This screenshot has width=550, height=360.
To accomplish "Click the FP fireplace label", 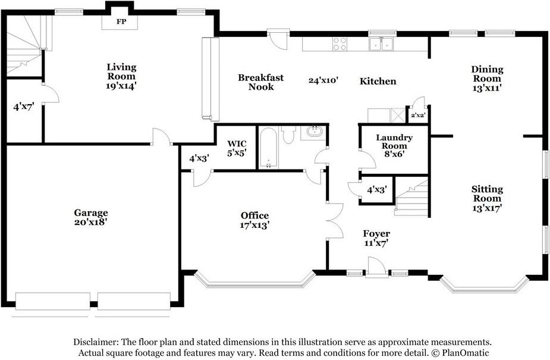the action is coord(121,22).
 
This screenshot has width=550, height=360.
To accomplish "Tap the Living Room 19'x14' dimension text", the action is coord(121,86).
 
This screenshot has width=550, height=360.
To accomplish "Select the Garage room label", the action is coord(91,212).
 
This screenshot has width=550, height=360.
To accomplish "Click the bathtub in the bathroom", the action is coord(268,148).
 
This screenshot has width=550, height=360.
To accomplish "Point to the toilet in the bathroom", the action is coord(289,134).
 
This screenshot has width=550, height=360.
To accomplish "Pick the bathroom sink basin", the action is coord(315,132).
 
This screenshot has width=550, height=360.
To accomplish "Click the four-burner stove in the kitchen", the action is coord(340,44).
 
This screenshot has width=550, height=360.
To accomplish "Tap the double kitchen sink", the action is coord(381,44).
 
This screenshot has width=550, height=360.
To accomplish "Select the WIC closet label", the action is coord(237,143).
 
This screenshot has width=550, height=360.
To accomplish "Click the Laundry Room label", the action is coord(394,142).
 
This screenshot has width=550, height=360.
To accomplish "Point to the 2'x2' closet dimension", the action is coord(417,115).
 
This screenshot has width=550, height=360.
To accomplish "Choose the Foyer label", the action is coord(376,234).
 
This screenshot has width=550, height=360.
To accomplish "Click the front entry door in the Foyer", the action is coord(377,268).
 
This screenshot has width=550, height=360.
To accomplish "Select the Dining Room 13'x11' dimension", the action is coord(487,88).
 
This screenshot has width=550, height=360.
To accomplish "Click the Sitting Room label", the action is coord(487,193).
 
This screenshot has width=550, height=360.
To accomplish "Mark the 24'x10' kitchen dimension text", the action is coord(323,80).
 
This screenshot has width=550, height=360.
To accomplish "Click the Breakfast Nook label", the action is coord(260,82).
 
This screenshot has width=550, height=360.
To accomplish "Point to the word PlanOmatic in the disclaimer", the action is coord(466,353).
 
